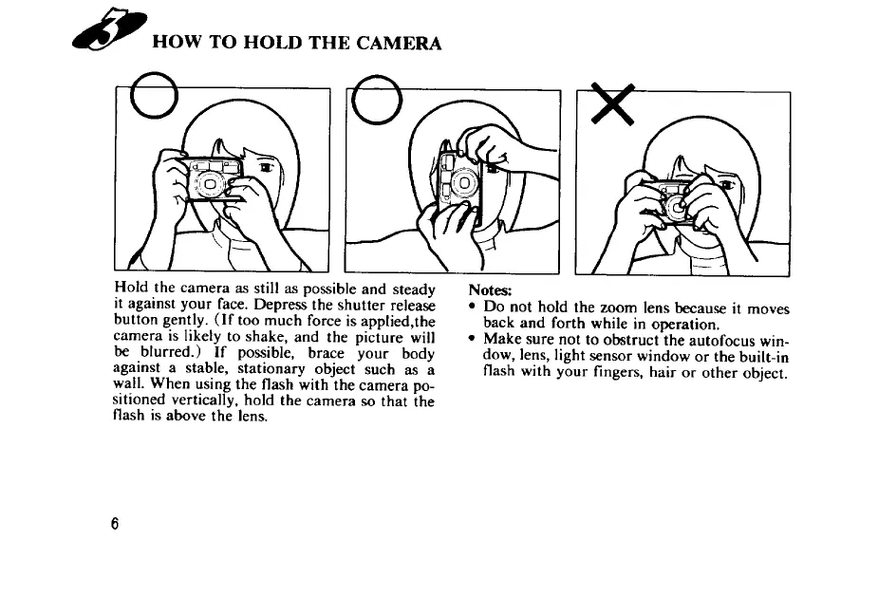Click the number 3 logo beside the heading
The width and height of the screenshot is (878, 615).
110,29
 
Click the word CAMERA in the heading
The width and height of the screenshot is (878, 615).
399,43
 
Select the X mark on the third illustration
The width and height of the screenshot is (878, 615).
613,103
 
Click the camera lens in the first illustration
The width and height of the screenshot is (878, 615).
210,184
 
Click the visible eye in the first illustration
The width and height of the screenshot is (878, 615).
266,167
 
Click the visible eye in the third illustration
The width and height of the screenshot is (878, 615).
726,184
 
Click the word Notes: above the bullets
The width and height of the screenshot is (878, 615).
490,290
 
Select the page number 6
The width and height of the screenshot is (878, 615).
115,524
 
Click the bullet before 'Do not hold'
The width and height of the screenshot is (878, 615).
473,307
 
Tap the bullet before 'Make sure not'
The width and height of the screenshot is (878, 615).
473,339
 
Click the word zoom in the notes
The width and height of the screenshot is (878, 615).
619,308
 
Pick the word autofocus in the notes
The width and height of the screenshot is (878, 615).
721,340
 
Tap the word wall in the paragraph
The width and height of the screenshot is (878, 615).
126,383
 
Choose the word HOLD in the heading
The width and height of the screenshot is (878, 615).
273,43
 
